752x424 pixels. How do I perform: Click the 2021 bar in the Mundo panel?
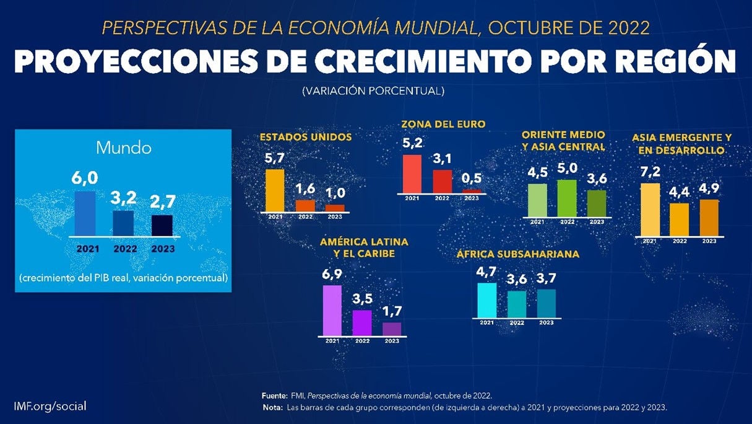85,213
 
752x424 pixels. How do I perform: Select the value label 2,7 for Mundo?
163,201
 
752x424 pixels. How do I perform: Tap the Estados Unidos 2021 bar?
275,190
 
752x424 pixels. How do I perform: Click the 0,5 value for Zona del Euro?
472,179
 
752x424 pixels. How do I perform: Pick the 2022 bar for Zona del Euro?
442,182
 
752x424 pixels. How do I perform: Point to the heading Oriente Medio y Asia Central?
563,141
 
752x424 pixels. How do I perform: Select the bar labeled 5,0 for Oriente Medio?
567,198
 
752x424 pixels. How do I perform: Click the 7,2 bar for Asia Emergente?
650,210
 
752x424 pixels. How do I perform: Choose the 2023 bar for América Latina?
392,329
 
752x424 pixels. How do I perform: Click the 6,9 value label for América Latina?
332,273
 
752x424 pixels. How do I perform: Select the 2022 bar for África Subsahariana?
517,304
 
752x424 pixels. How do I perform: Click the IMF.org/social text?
50,406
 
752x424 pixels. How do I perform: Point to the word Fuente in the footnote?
275,395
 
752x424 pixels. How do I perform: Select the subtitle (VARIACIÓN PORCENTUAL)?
373,91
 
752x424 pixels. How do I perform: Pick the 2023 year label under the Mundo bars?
162,249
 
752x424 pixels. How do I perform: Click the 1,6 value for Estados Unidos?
305,188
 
